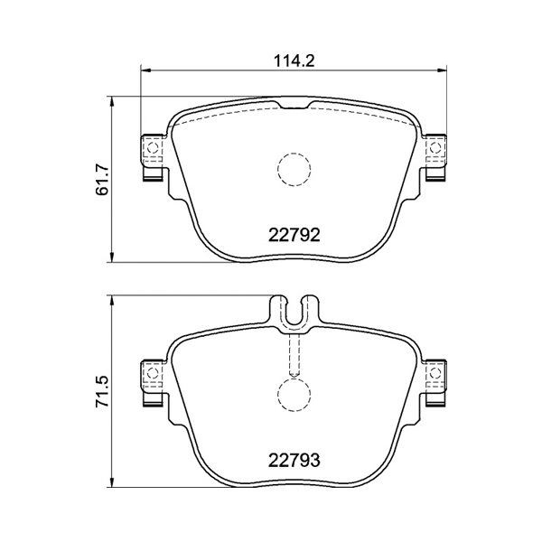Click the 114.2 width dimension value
[x=294, y=61]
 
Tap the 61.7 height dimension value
[x=103, y=180]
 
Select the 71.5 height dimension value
[x=103, y=391]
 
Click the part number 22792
[x=294, y=236]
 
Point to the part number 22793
[x=294, y=460]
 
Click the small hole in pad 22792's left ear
[x=153, y=148]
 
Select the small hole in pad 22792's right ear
[x=435, y=148]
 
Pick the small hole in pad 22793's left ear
[x=153, y=373]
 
